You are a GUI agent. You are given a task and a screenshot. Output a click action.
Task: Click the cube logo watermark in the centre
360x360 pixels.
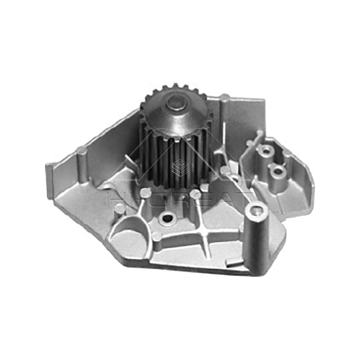179,167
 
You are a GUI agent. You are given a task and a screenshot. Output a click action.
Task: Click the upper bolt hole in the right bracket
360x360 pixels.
266,149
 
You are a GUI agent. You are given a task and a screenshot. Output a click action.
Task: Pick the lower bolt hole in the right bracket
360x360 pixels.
278,171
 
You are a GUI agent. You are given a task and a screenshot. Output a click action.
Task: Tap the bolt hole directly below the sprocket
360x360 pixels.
167,219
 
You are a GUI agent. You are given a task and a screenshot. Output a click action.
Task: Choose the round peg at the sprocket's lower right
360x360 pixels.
195,194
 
